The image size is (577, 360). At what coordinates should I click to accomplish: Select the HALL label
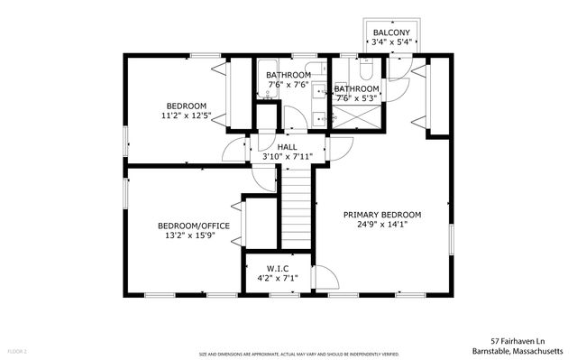(287, 146)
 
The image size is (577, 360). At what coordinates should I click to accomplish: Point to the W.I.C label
(277, 268)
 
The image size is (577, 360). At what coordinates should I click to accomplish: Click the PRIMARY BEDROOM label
(381, 215)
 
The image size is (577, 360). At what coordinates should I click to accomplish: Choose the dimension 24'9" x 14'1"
(381, 225)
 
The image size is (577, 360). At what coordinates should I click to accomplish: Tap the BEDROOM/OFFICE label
(193, 226)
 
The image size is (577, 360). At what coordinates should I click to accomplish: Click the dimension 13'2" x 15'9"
(193, 236)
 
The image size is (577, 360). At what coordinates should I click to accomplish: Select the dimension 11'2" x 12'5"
(186, 115)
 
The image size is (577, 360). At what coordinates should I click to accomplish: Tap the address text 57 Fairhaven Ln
(527, 341)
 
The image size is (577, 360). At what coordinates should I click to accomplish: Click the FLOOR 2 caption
(17, 350)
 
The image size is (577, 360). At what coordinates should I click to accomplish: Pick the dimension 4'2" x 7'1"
(277, 279)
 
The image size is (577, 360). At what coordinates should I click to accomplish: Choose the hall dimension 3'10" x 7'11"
(287, 157)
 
